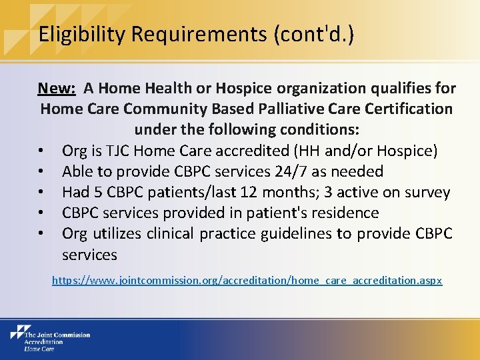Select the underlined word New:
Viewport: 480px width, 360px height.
[x=56, y=88]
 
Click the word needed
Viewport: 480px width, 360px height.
[x=361, y=171]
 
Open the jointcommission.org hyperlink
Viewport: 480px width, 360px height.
[x=247, y=281]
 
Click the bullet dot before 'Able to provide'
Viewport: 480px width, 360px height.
[x=43, y=172]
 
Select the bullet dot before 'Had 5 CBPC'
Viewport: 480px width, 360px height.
[x=43, y=193]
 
